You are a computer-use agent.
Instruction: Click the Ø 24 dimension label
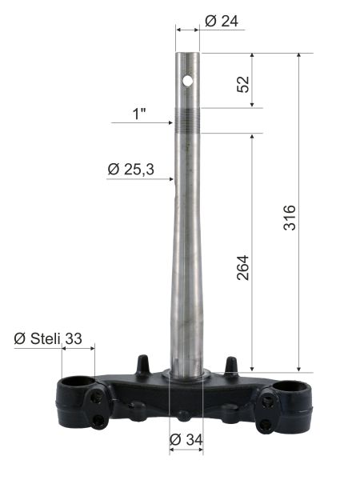pos(222,21)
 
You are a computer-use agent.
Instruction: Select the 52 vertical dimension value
pos(243,84)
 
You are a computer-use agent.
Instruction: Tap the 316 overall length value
pos(290,218)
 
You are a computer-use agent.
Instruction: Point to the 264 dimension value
pos(243,267)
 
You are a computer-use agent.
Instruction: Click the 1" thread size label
pos(139,114)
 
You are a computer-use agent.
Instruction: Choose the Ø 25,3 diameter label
pos(131,170)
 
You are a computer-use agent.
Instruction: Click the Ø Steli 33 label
pos(48,338)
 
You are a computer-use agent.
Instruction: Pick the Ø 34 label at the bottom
pos(186,440)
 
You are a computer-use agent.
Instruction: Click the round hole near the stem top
pos(187,81)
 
